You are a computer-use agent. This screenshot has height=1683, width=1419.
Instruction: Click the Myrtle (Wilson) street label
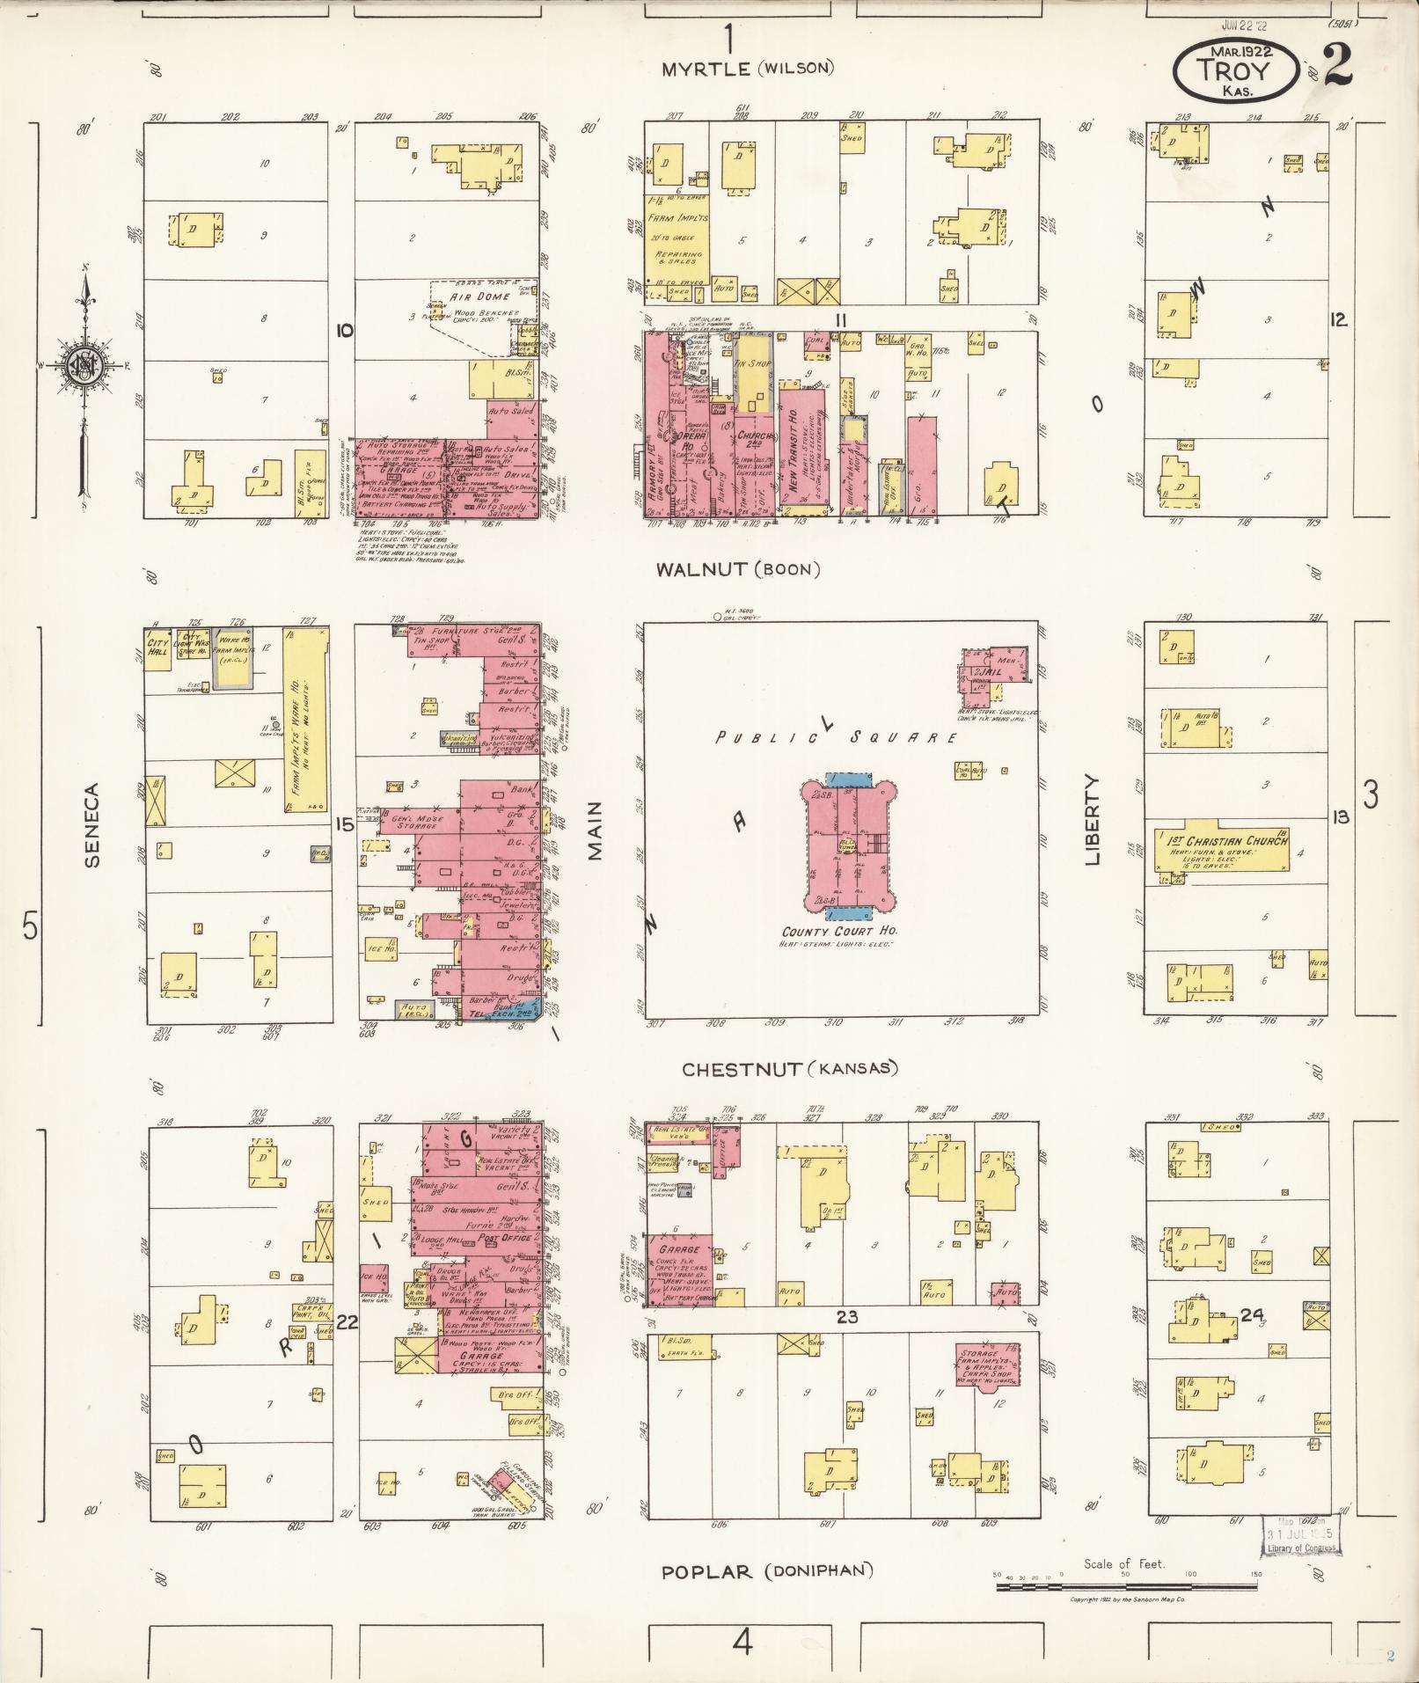[749, 68]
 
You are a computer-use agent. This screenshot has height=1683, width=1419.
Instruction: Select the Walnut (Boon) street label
[738, 569]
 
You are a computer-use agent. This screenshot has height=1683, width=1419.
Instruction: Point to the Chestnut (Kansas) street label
[790, 1069]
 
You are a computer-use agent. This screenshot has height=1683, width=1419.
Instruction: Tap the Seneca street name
[92, 825]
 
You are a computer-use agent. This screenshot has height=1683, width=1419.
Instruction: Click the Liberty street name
[1093, 819]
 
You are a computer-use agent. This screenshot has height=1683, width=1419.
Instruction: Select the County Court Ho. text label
[840, 931]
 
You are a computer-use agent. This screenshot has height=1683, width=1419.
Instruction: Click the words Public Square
[835, 737]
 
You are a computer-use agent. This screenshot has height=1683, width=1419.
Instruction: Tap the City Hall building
[158, 649]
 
